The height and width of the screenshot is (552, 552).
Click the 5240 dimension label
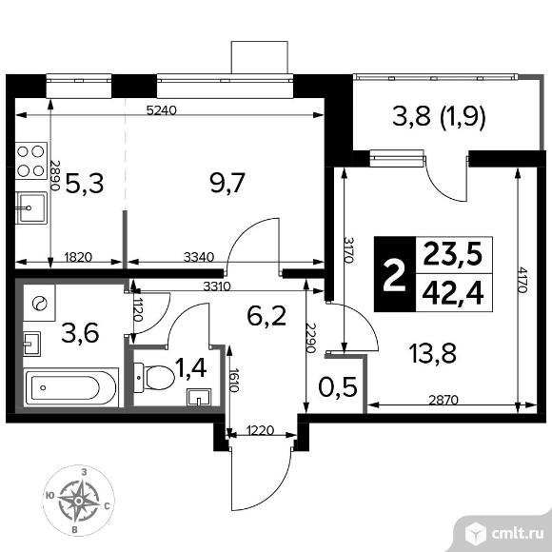click(161, 111)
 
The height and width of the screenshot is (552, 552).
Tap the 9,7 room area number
click(227, 183)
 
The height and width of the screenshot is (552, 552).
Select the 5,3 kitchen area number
click(85, 184)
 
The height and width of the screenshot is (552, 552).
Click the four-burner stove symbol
click(31, 161)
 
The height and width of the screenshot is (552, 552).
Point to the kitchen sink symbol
click(31, 207)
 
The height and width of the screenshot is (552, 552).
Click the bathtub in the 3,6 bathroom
click(71, 387)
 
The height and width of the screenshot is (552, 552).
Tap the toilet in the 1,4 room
click(155, 378)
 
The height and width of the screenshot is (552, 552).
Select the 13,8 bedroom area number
click(433, 353)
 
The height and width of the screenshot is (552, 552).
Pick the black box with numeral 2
click(395, 274)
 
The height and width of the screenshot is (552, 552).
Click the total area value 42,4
click(453, 293)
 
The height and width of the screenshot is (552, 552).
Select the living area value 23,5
click(453, 254)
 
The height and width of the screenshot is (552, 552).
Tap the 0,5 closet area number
click(338, 387)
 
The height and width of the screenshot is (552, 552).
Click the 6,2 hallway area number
click(266, 315)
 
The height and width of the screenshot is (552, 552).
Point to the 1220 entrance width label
click(261, 430)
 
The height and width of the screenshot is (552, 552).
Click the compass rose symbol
click(79, 501)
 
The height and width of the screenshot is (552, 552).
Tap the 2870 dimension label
click(444, 400)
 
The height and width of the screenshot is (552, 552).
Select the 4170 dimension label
click(522, 280)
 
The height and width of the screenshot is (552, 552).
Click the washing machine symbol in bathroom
click(39, 303)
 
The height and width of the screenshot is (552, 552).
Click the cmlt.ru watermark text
click(517, 534)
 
